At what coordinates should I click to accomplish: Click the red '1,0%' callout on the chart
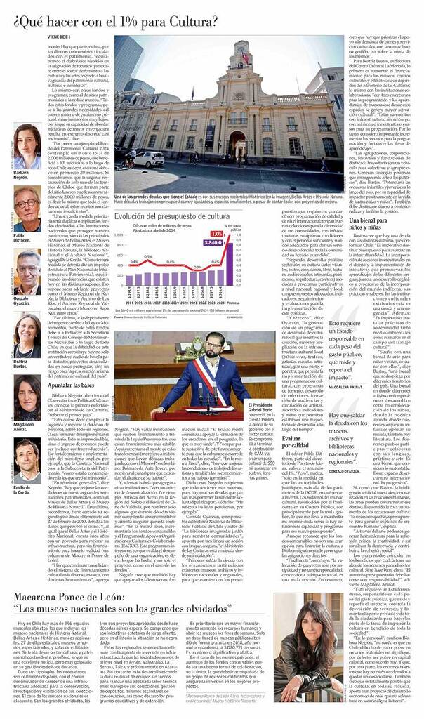[x=217, y=233]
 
